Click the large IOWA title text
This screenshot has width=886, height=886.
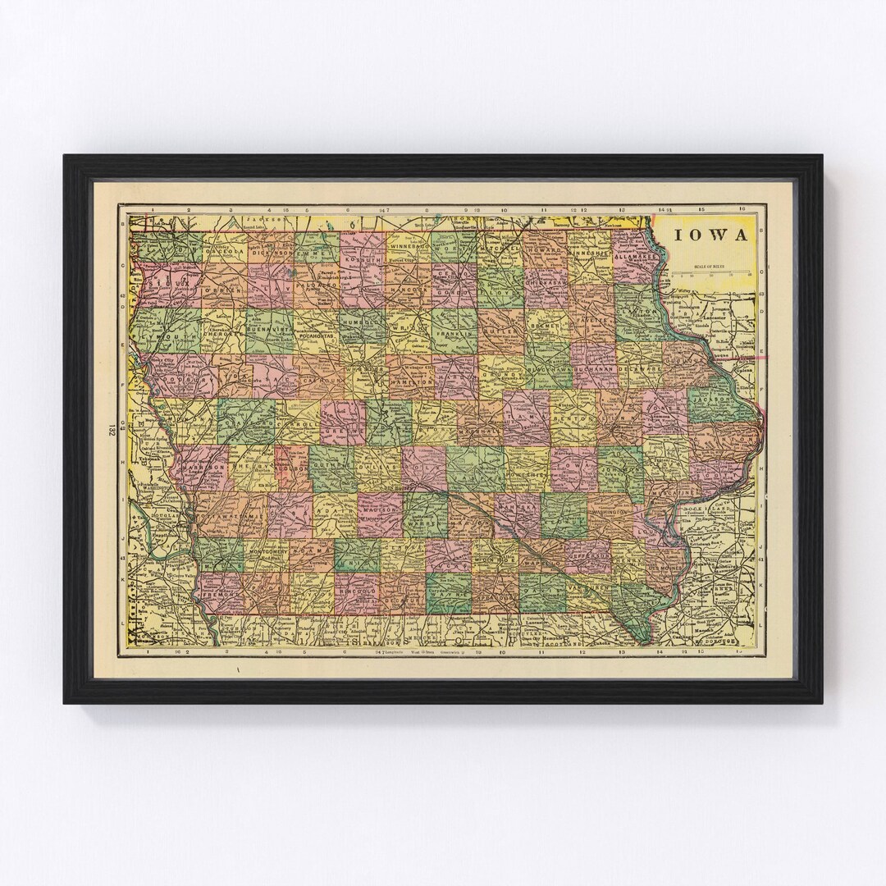pyautogui.click(x=710, y=235)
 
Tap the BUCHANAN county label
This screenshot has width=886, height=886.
pyautogui.click(x=594, y=371)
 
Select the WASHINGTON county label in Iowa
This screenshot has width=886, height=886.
pyautogui.click(x=609, y=511)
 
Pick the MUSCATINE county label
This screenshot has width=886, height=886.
pyautogui.click(x=672, y=492)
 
